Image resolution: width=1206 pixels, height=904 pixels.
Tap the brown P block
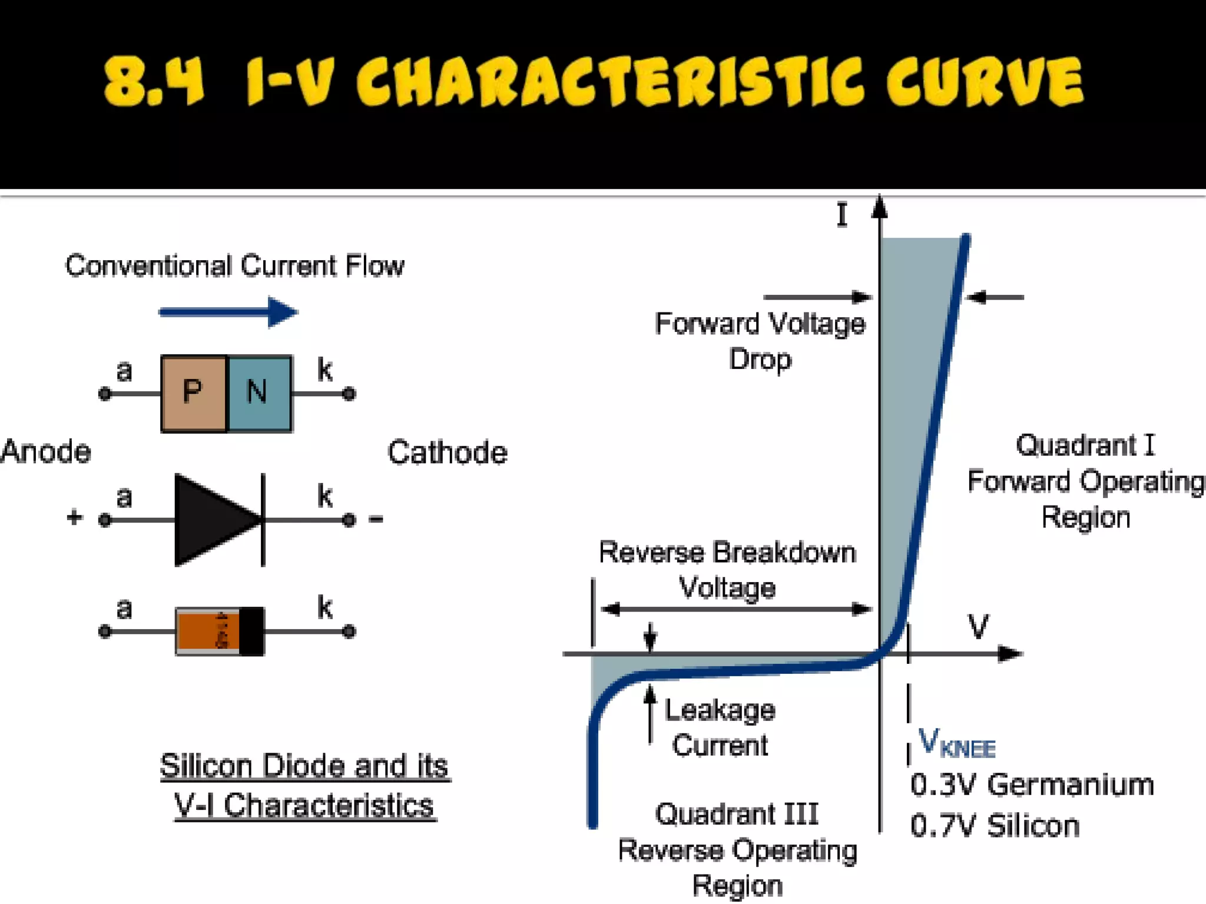pyautogui.click(x=193, y=393)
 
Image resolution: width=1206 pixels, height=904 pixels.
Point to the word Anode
pyautogui.click(x=46, y=452)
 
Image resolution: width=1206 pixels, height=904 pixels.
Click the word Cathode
pyautogui.click(x=448, y=453)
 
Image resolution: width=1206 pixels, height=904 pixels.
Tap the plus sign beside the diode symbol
pyautogui.click(x=74, y=518)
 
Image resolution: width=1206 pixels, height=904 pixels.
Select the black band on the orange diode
pyautogui.click(x=252, y=632)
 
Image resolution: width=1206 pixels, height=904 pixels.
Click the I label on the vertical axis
pyautogui.click(x=842, y=215)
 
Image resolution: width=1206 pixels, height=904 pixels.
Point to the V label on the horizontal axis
pyautogui.click(x=978, y=627)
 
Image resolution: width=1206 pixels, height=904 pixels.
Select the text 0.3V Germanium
pyautogui.click(x=1032, y=785)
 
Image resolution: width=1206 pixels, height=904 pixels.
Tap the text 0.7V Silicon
pyautogui.click(x=995, y=825)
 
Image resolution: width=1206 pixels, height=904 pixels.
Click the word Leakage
pyautogui.click(x=720, y=710)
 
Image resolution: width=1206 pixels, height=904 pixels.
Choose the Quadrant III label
pyautogui.click(x=737, y=815)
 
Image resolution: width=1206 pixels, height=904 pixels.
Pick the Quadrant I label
pyautogui.click(x=1085, y=446)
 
